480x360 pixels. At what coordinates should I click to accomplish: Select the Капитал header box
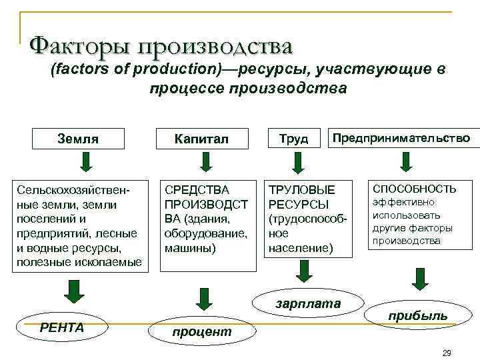201,139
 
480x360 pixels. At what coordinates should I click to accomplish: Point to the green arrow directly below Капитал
206,162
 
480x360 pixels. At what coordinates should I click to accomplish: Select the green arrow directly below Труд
294,162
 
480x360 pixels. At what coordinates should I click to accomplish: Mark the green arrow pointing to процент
200,298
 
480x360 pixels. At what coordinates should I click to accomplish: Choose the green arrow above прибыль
419,279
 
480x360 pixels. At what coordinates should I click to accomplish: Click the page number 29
447,352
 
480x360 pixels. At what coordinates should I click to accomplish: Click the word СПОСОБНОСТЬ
414,189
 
